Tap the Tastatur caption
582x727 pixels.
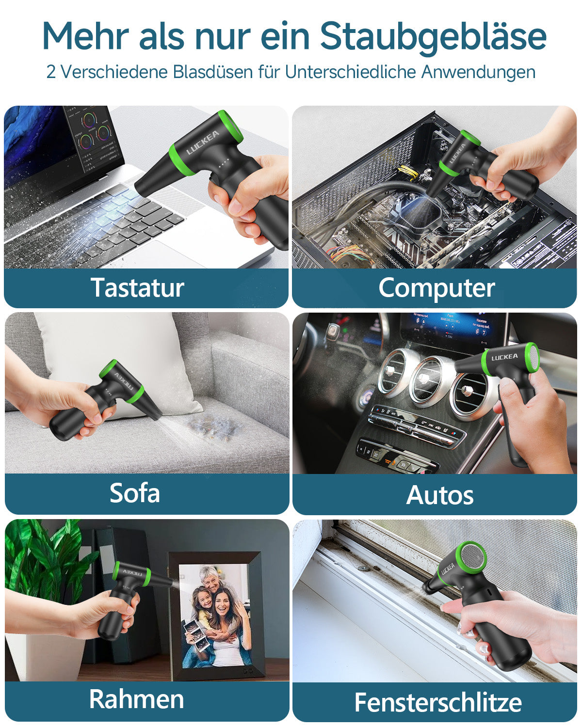(x=137, y=287)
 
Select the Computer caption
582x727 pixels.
(x=436, y=288)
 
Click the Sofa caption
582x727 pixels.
(x=135, y=493)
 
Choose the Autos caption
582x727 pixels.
(x=440, y=495)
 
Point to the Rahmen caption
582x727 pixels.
(x=137, y=699)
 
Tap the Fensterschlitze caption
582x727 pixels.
(x=438, y=702)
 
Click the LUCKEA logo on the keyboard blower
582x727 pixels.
(x=203, y=142)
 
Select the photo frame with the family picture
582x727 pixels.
(x=216, y=616)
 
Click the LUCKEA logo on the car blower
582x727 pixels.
(x=504, y=358)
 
